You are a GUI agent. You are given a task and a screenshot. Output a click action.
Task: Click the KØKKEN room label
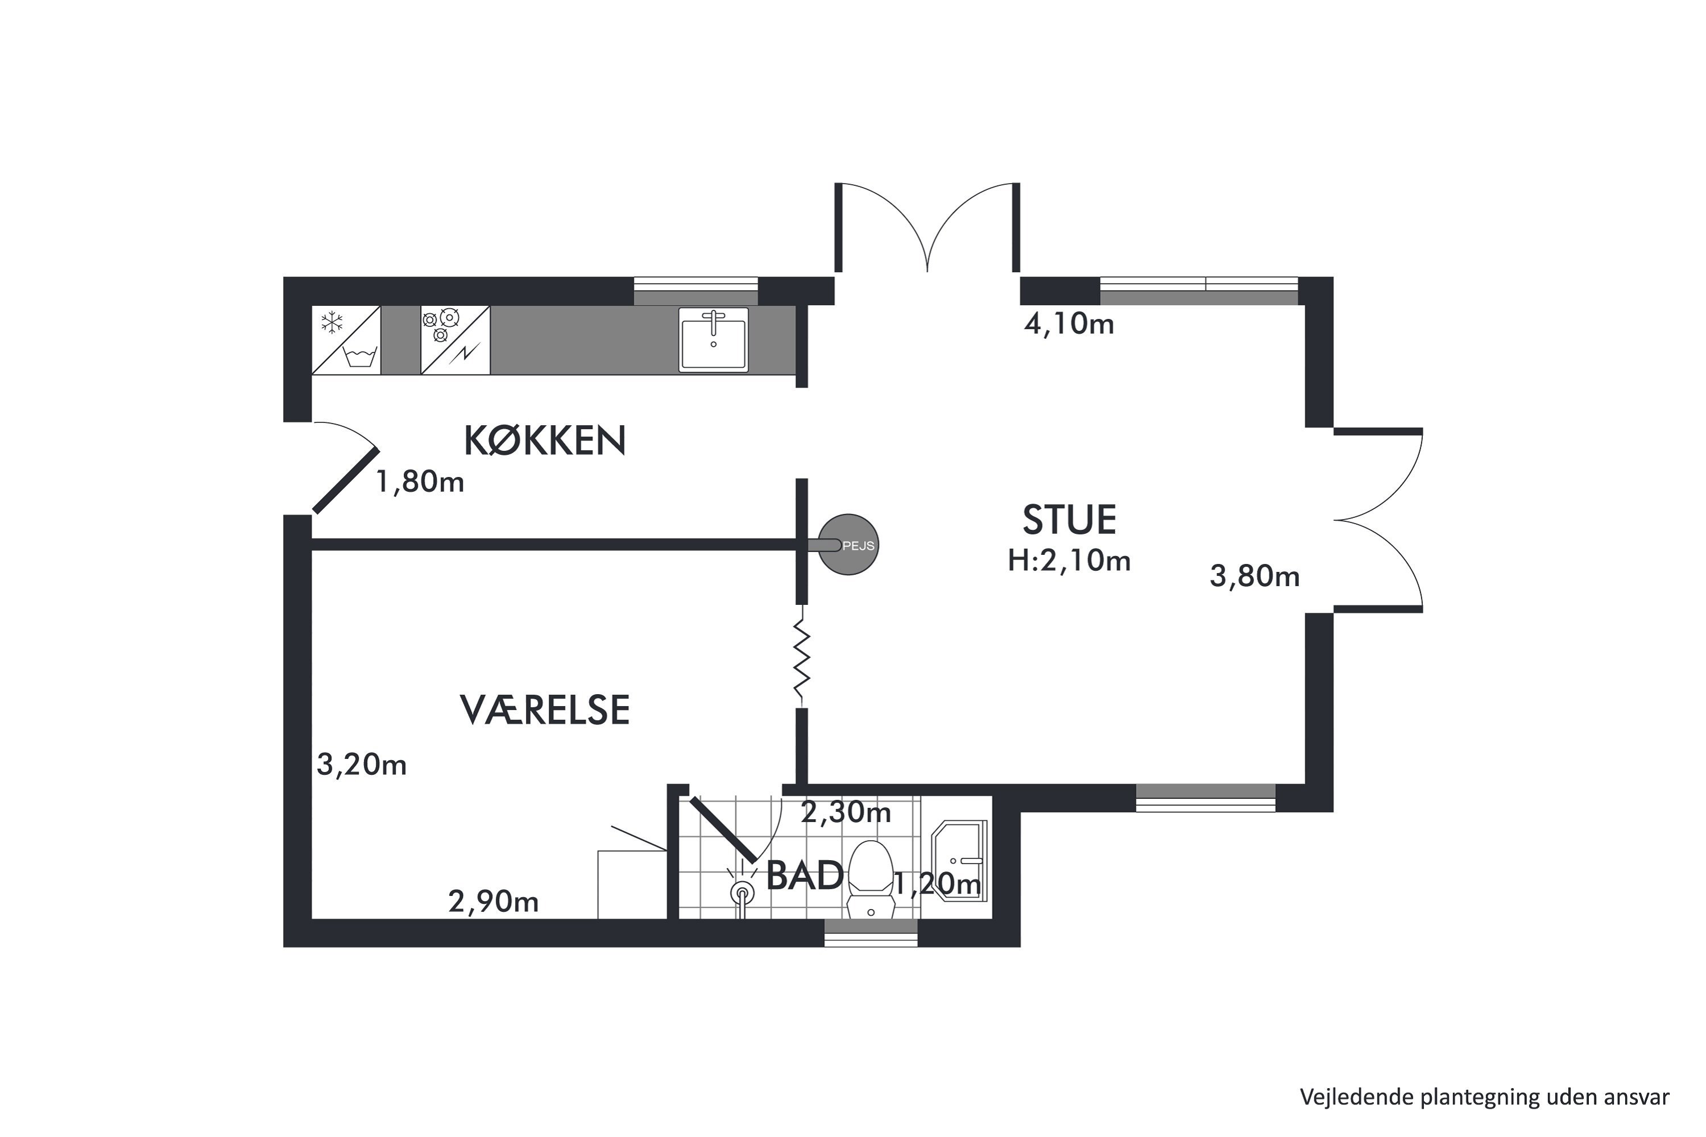[x=544, y=440]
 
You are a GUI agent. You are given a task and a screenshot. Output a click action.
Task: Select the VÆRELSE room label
[x=545, y=710]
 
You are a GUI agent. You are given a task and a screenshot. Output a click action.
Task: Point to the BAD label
[x=805, y=875]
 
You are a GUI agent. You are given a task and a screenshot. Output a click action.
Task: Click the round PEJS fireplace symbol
[x=848, y=545]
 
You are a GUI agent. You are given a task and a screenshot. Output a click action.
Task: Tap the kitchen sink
[x=713, y=339]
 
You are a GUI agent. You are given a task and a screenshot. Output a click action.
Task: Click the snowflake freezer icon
[x=332, y=323]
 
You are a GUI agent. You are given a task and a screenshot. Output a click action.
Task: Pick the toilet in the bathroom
[x=871, y=878]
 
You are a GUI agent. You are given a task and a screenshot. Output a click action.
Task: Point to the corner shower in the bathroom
[x=959, y=861]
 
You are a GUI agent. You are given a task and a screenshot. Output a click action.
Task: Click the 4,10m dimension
[x=1069, y=323]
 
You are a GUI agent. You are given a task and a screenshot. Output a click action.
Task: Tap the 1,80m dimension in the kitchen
[x=420, y=482]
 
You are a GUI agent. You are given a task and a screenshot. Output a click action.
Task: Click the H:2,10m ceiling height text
[x=1069, y=561]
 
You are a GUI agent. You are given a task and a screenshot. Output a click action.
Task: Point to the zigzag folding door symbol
[x=801, y=656]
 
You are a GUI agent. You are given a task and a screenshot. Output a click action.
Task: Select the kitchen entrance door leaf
[x=346, y=481]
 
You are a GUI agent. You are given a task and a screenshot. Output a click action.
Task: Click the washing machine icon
[x=361, y=357]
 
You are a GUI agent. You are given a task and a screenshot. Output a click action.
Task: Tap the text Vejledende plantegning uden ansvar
[x=1484, y=1097]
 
